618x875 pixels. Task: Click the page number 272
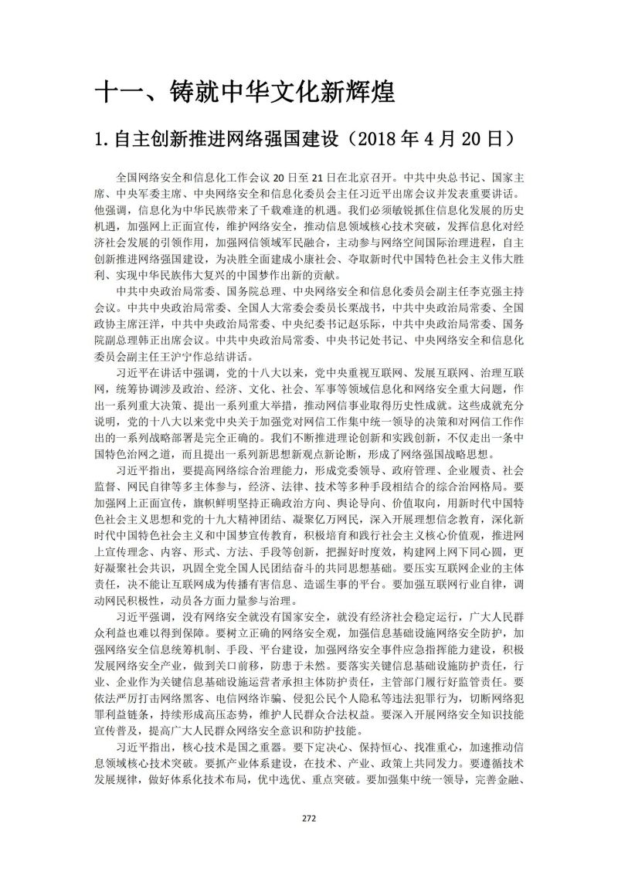[x=309, y=818]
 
